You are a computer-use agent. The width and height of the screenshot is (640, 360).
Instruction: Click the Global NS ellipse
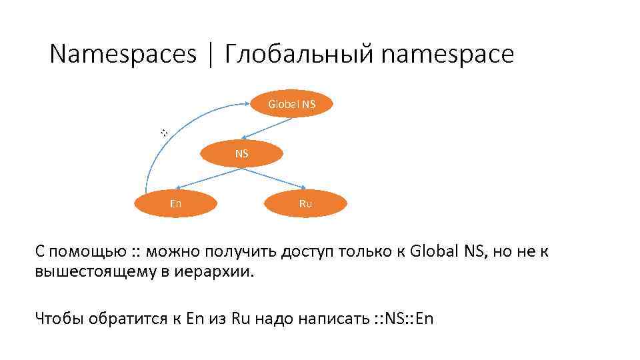(291, 104)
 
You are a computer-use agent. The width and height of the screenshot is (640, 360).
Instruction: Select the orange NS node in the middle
(241, 153)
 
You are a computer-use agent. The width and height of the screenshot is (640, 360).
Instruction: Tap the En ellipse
(175, 203)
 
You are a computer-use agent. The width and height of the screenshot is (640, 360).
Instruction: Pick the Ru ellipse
(305, 203)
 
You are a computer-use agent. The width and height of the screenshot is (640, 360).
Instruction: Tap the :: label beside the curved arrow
(164, 133)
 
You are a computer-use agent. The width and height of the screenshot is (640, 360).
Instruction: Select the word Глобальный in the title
(299, 55)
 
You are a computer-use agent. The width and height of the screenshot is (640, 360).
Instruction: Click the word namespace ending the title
(448, 55)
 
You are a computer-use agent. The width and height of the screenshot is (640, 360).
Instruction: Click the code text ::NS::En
(400, 318)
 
